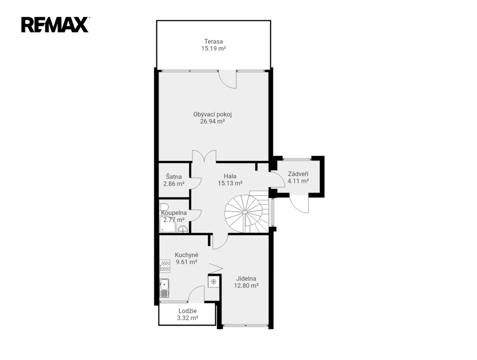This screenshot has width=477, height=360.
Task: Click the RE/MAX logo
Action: (x=55, y=25)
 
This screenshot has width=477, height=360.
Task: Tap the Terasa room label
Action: (x=213, y=41)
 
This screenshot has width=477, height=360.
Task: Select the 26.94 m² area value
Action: (x=212, y=121)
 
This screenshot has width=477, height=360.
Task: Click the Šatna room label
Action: (x=174, y=177)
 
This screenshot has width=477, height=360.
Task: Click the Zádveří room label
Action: (x=298, y=174)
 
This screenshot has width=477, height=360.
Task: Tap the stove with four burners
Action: (x=165, y=266)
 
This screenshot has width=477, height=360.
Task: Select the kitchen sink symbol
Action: (x=165, y=288)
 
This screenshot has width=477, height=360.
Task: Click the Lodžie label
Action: (x=188, y=311)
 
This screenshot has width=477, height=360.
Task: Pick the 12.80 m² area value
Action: (x=246, y=285)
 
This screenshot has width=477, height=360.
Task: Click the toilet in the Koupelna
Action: (x=164, y=207)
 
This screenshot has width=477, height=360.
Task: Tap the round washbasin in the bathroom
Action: (x=182, y=229)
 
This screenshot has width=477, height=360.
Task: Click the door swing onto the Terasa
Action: (x=228, y=79)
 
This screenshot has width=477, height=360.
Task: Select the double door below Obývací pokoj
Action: (x=204, y=156)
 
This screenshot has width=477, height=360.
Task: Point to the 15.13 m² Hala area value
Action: (x=230, y=183)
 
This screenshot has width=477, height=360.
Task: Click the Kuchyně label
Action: (x=187, y=255)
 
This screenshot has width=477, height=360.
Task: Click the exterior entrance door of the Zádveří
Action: (x=299, y=203)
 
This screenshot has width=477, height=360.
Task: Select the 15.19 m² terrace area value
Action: (x=213, y=48)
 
